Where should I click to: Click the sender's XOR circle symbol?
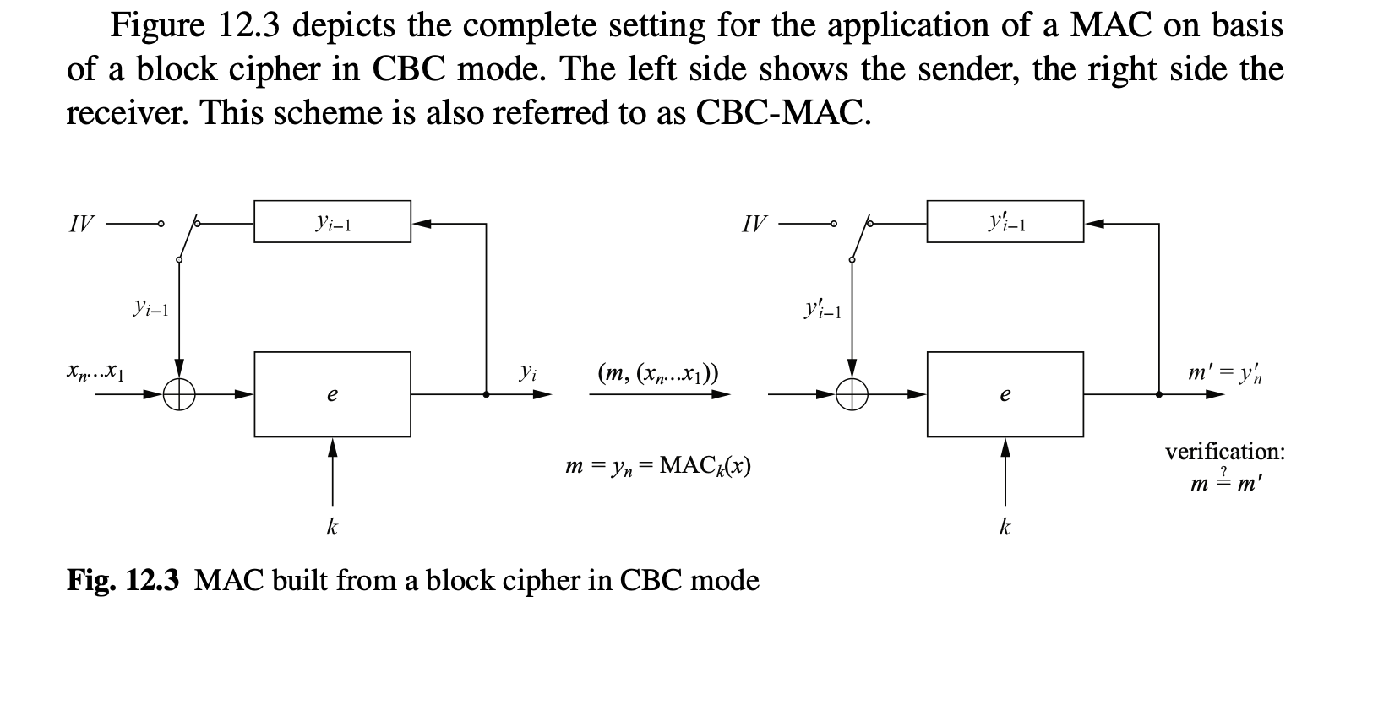[x=179, y=394]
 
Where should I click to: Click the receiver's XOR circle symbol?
[x=852, y=394]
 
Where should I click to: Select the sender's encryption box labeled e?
[x=332, y=394]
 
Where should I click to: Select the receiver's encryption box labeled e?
[x=1005, y=394]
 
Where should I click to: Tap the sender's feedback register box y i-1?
[x=332, y=222]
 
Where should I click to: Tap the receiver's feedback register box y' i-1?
[x=1005, y=222]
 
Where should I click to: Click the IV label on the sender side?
[x=81, y=225]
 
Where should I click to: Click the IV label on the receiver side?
[x=754, y=225]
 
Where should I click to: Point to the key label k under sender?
[x=332, y=528]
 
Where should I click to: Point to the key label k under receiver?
[x=1005, y=528]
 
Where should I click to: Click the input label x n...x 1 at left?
[x=95, y=371]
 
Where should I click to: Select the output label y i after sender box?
[x=526, y=371]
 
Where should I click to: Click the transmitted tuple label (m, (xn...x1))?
[x=657, y=372]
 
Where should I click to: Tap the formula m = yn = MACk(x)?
[x=658, y=465]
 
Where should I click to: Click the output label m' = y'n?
[x=1224, y=371]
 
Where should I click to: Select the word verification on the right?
[x=1224, y=452]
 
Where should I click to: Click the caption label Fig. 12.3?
[x=123, y=581]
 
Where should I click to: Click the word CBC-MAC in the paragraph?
[x=782, y=112]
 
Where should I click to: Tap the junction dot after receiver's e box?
[x=1158, y=394]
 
